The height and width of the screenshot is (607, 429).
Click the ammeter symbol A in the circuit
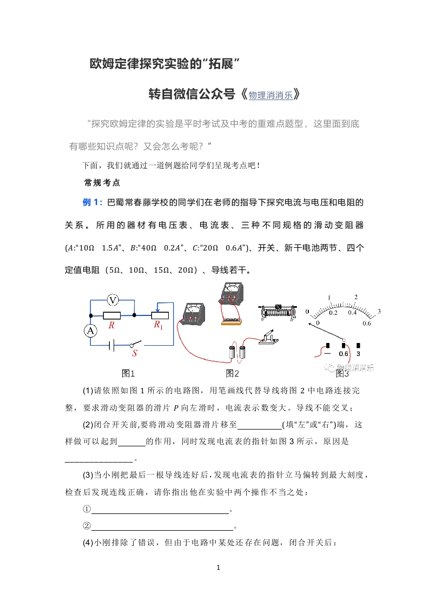(x=91, y=331)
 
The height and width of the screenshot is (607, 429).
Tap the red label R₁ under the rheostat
(x=159, y=325)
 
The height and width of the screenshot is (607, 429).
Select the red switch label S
(x=136, y=353)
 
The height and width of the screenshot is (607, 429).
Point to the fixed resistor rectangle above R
(x=111, y=315)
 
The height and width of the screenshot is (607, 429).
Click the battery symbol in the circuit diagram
(x=111, y=345)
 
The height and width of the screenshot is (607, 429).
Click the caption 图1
(x=128, y=373)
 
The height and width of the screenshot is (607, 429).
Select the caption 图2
(x=233, y=373)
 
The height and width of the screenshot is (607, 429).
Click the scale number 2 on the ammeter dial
(x=355, y=297)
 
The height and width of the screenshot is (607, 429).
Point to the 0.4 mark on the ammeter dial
(x=353, y=313)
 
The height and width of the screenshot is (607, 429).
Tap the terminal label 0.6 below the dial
(x=344, y=354)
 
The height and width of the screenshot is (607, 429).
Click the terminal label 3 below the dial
(x=359, y=354)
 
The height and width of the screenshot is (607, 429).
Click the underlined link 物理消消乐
(x=270, y=95)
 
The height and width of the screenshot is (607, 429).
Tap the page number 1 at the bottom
(x=217, y=568)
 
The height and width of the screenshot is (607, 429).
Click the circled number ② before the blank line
(x=86, y=526)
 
